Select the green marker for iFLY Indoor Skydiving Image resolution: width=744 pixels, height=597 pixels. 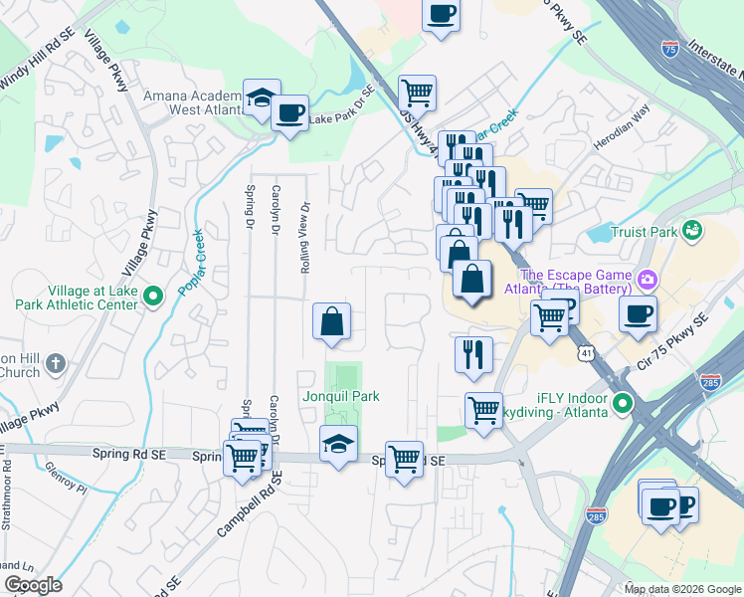623,403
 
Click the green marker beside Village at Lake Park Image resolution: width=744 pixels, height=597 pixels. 152,297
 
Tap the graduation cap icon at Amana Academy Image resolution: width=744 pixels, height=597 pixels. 262,99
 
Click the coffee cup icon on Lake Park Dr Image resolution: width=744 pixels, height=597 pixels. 289,113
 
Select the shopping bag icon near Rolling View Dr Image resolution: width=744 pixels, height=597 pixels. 332,321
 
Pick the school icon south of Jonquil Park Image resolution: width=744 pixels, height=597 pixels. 339,445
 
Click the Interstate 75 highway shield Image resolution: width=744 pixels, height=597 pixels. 671,47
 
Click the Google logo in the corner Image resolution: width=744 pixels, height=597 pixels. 33,585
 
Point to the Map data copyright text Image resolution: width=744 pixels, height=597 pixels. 682,589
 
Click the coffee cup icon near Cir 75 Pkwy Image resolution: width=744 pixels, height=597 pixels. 638,313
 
